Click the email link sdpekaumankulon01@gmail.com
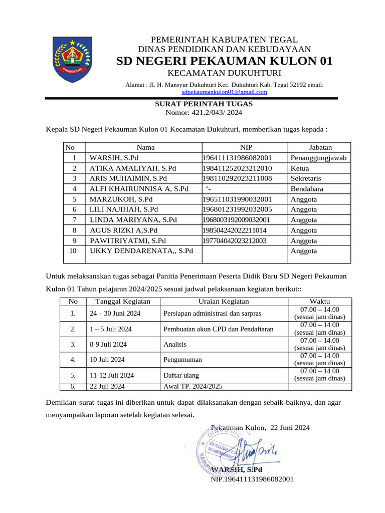click(x=224, y=92)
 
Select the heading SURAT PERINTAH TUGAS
click(x=203, y=104)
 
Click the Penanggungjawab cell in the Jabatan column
click(x=318, y=158)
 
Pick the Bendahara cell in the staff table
click(x=307, y=189)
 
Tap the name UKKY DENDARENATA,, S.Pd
click(x=141, y=250)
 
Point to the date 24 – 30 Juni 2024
click(x=115, y=314)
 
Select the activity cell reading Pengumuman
click(x=182, y=360)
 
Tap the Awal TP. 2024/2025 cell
click(x=193, y=386)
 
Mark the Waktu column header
click(x=319, y=302)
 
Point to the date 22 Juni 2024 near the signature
click(x=290, y=427)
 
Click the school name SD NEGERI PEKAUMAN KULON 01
click(x=224, y=61)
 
